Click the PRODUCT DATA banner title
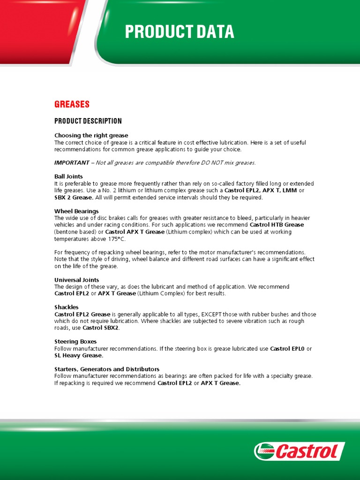(x=179, y=32)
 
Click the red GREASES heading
(x=72, y=104)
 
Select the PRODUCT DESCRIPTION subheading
(x=88, y=121)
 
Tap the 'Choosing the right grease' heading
(x=91, y=135)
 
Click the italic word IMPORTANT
(x=72, y=163)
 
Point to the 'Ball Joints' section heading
(x=68, y=176)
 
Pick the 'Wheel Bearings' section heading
(x=76, y=211)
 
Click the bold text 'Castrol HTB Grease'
(x=277, y=225)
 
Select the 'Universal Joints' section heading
(x=76, y=280)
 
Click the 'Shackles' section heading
(x=66, y=307)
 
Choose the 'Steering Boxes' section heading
(x=75, y=341)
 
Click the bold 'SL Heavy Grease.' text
(x=79, y=355)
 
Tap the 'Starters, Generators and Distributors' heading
(x=107, y=369)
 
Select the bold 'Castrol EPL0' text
(x=288, y=348)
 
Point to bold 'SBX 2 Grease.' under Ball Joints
(x=74, y=197)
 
